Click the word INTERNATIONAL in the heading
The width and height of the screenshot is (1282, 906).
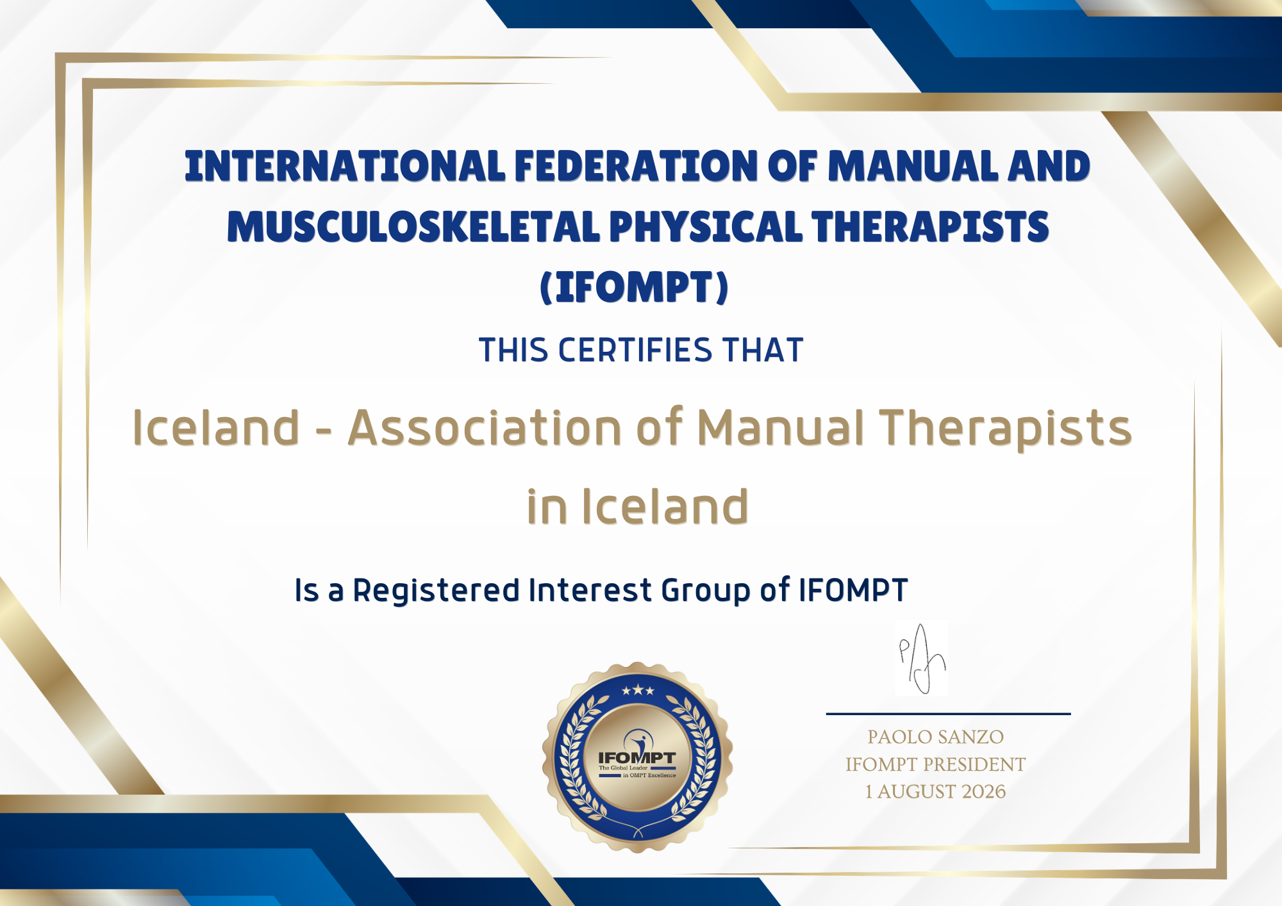point(345,167)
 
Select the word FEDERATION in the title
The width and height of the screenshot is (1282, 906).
point(637,167)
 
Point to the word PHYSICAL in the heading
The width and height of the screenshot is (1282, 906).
point(705,227)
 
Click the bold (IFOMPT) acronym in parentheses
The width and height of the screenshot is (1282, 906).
point(635,287)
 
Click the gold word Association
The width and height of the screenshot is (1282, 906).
point(485,427)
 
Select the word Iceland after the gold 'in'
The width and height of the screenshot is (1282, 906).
point(665,506)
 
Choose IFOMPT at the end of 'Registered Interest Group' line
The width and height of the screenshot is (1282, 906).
point(853,590)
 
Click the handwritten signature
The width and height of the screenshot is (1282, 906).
point(922,659)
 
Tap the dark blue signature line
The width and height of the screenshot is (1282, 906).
point(948,713)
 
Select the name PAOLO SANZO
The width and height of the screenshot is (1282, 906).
point(936,737)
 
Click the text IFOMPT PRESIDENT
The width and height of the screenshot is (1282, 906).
point(936,764)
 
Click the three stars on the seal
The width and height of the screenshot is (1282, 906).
point(638,690)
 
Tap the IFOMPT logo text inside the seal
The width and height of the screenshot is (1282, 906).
point(637,758)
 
